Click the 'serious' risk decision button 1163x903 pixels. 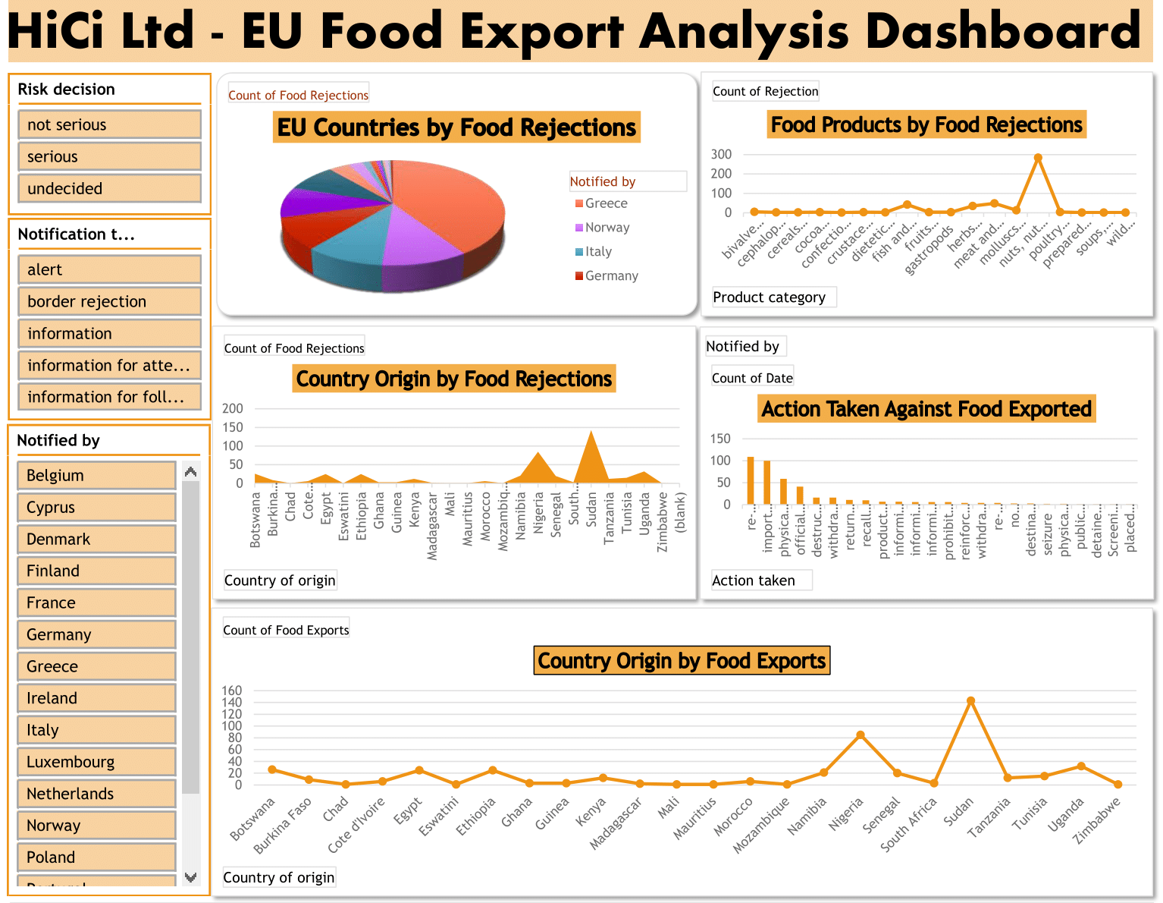point(109,157)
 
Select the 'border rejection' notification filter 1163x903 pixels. point(109,301)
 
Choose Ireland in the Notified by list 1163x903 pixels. point(96,698)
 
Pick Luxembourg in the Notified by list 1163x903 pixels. point(96,762)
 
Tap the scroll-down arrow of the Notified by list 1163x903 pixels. point(191,877)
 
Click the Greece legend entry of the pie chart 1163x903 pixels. point(606,203)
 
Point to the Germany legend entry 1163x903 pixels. point(611,276)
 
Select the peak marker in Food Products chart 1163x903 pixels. point(1038,158)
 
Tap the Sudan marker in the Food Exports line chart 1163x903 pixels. point(970,701)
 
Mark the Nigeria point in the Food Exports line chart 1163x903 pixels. point(860,735)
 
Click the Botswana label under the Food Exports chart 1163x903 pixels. point(252,820)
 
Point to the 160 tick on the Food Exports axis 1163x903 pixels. point(232,691)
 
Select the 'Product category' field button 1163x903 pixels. point(770,297)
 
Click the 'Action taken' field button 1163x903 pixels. point(754,580)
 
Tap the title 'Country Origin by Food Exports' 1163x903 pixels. point(682,661)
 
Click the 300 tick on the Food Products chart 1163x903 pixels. point(722,154)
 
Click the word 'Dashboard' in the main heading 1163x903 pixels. point(1002,32)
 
